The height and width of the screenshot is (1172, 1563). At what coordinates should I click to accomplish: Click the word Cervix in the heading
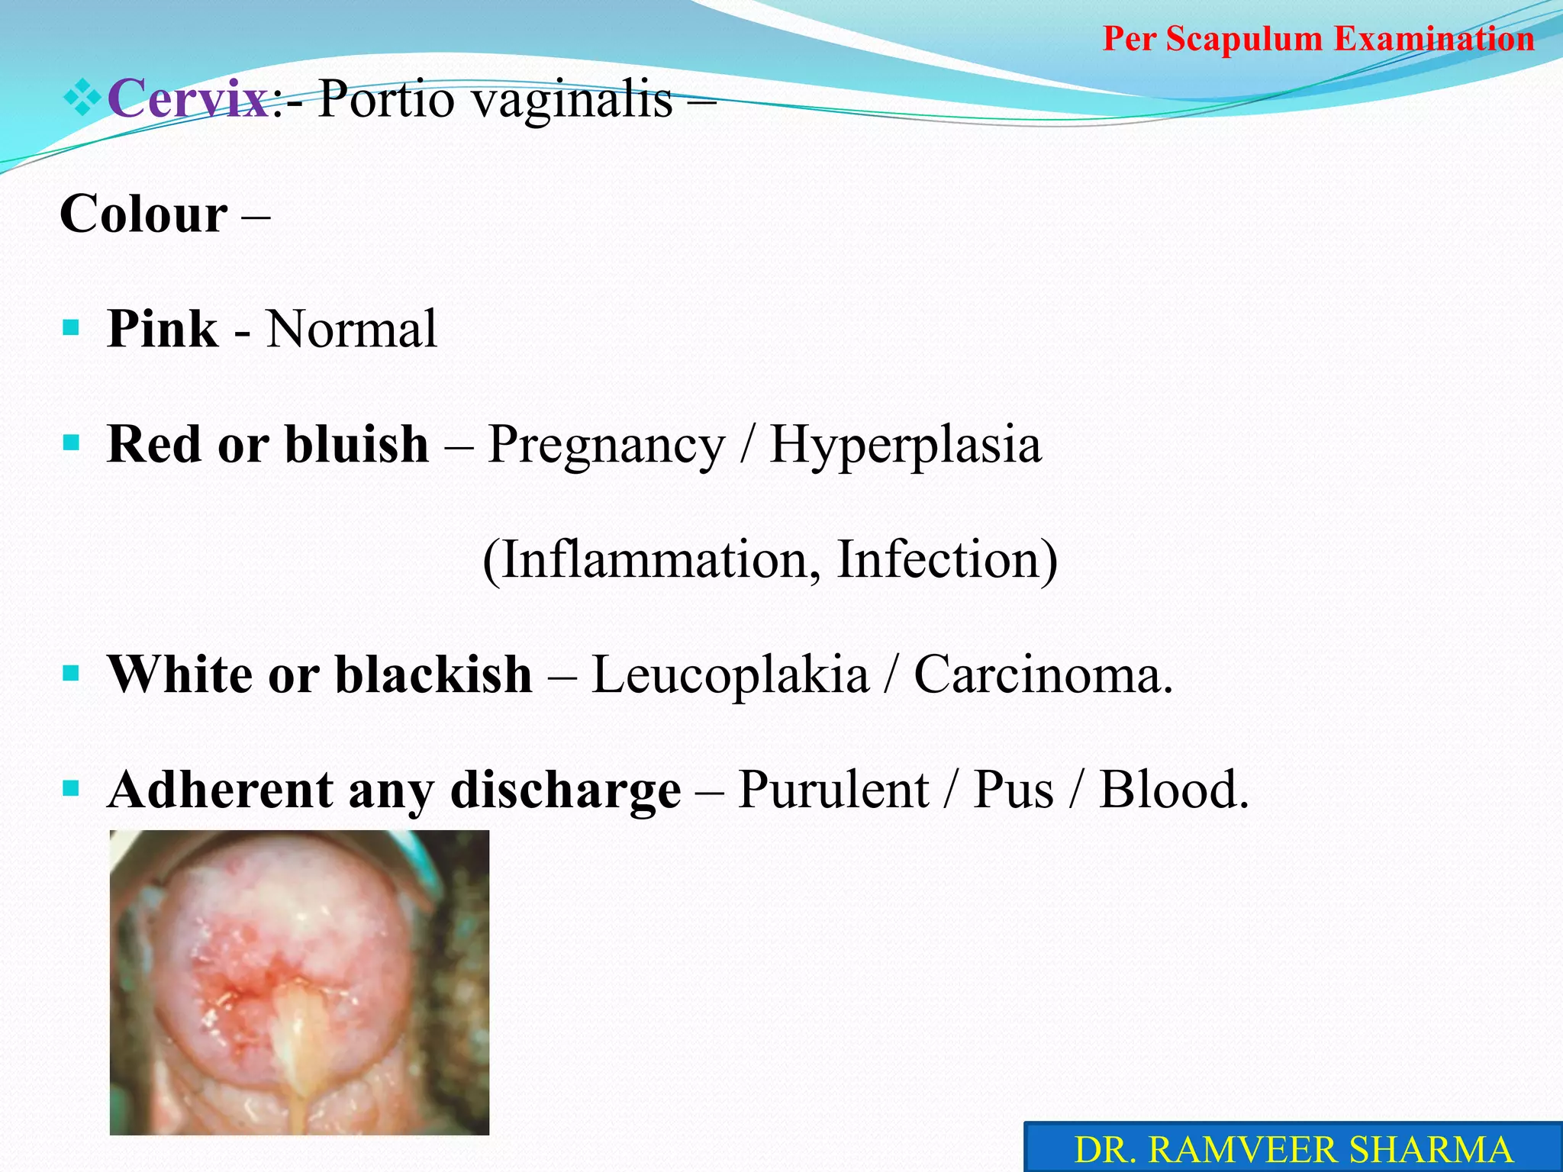pyautogui.click(x=189, y=98)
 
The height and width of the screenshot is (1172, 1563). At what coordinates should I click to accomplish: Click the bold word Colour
pyautogui.click(x=143, y=214)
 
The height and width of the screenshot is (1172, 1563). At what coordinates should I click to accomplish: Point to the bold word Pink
pyautogui.click(x=163, y=329)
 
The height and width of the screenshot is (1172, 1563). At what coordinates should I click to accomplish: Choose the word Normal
pyautogui.click(x=352, y=329)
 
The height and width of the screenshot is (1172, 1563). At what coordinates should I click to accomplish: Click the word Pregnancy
pyautogui.click(x=606, y=446)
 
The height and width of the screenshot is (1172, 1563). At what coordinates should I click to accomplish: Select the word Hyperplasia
pyautogui.click(x=905, y=444)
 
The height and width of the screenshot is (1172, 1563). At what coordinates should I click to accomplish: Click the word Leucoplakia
pyautogui.click(x=730, y=675)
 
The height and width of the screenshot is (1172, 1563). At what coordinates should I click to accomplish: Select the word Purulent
pyautogui.click(x=833, y=790)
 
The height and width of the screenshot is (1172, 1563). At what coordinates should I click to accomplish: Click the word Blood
pyautogui.click(x=1174, y=790)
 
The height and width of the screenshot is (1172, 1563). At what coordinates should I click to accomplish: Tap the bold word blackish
pyautogui.click(x=433, y=675)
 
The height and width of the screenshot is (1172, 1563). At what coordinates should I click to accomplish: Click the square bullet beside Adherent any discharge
pyautogui.click(x=71, y=787)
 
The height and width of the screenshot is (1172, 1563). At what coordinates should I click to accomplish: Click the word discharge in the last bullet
pyautogui.click(x=566, y=790)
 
